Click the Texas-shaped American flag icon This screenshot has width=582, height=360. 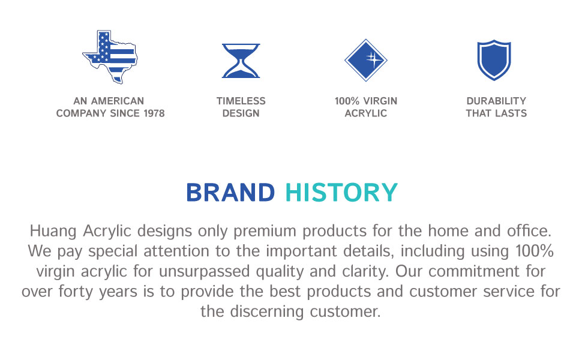pos(110,57)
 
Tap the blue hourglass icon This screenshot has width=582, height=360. pos(241,61)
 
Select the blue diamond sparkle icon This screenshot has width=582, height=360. pos(365,60)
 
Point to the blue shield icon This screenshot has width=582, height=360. pos(494,60)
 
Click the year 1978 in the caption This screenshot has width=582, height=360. pos(154,113)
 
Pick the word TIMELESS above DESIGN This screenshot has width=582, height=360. pos(241,101)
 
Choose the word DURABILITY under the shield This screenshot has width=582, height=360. pos(496,101)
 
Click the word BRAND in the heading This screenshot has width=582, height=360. pos(230,193)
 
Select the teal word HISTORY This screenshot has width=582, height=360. pos(341,193)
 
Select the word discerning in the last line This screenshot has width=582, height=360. pos(267,311)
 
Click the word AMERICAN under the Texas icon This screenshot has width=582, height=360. pos(118,101)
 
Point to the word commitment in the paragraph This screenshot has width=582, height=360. pos(474,271)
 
